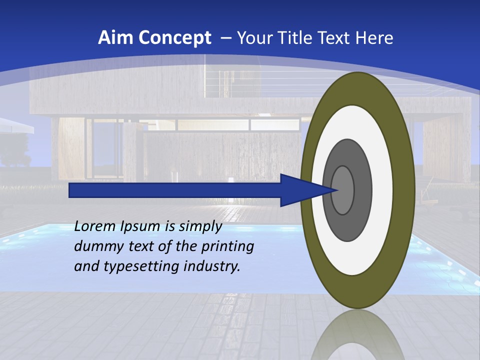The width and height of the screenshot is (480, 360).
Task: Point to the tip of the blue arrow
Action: (338, 190)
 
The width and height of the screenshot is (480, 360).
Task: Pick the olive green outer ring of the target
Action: (405, 190)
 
